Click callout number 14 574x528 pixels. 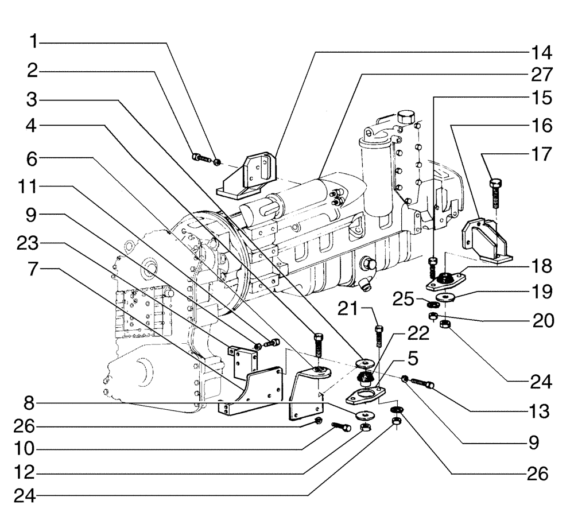[x=541, y=53]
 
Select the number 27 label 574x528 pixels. [x=541, y=75]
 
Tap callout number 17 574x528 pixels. [x=541, y=154]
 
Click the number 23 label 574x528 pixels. [x=27, y=243]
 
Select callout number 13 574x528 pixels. [x=541, y=411]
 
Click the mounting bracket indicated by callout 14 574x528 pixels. [x=248, y=175]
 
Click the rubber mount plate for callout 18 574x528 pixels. [x=444, y=281]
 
